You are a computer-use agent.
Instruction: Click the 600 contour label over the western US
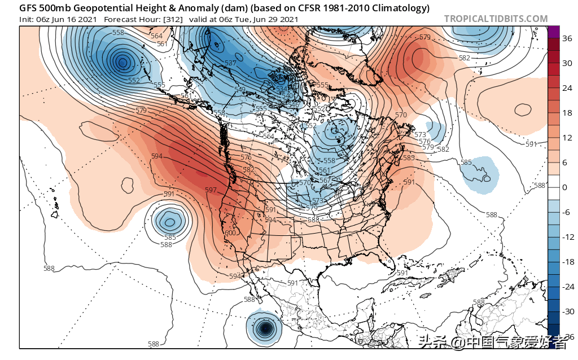coord(230,233)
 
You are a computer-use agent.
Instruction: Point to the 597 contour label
coord(211,190)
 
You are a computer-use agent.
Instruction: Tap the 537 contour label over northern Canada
coord(230,63)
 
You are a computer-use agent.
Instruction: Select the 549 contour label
coord(240,90)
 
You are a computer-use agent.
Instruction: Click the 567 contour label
coord(326,181)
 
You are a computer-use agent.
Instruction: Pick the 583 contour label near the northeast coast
coord(409,158)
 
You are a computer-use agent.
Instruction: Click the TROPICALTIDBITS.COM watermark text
coord(496,19)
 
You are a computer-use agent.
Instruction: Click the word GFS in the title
coord(28,8)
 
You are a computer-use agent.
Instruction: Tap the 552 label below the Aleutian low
coord(134,81)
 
